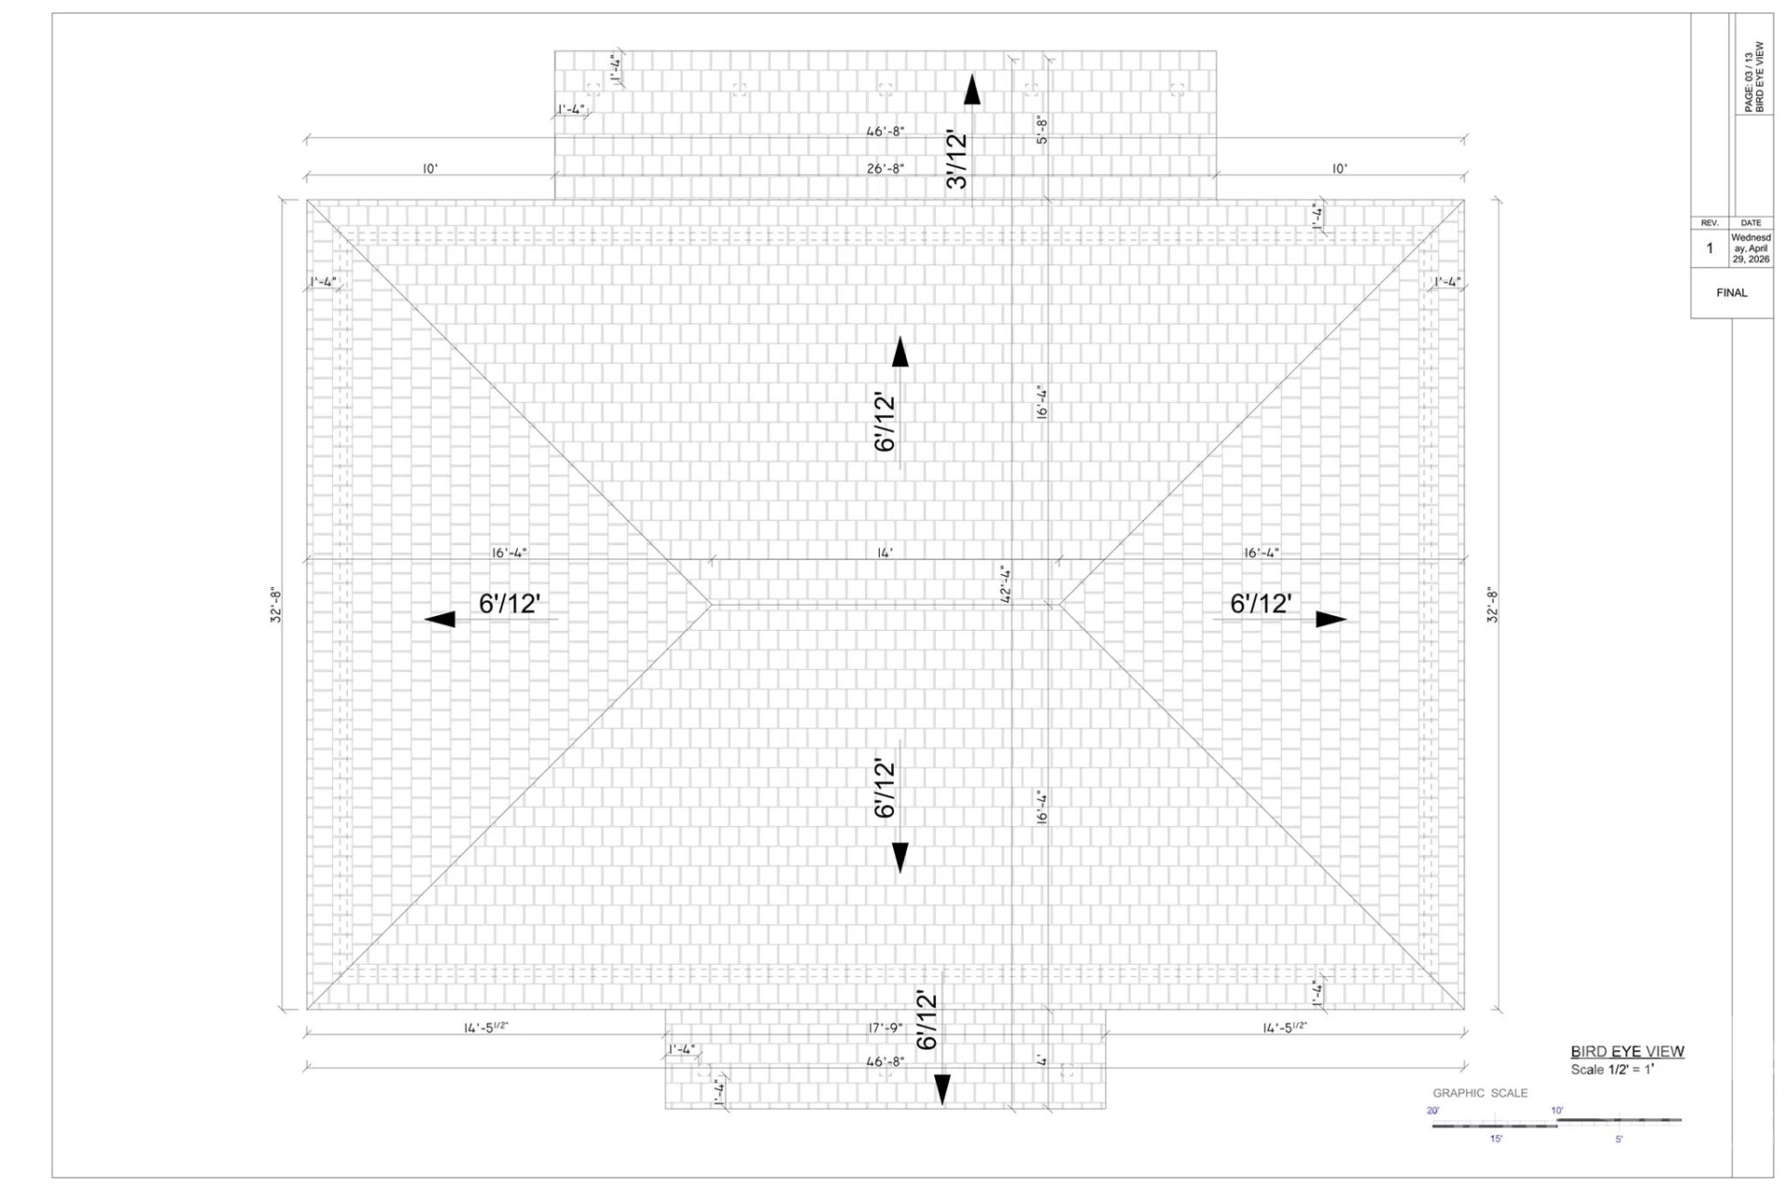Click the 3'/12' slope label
(x=957, y=161)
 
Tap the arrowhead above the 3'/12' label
(x=972, y=89)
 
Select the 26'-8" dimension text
(x=885, y=168)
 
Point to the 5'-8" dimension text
(x=1042, y=129)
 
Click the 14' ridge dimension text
(x=885, y=553)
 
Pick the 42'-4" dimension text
(x=1006, y=585)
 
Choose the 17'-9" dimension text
(x=885, y=1028)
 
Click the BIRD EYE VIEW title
(x=1627, y=1051)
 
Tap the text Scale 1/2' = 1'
(x=1612, y=1070)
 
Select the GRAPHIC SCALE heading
(x=1480, y=1093)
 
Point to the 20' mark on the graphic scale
(x=1433, y=1111)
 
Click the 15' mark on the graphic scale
(x=1496, y=1139)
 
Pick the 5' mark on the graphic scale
(x=1619, y=1139)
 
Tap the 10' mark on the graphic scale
(x=1557, y=1111)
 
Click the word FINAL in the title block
(x=1731, y=293)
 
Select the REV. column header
(x=1709, y=223)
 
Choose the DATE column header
(x=1751, y=223)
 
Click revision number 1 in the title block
(x=1709, y=248)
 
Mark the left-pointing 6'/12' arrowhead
(x=440, y=620)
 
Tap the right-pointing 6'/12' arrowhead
(x=1331, y=620)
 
